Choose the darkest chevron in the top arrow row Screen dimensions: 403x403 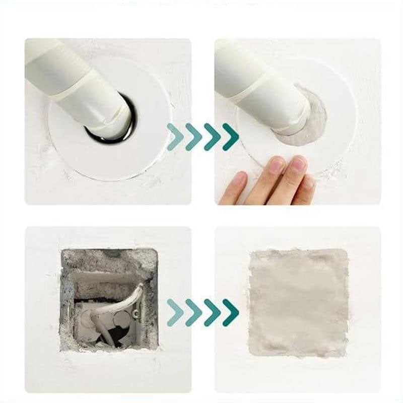231,137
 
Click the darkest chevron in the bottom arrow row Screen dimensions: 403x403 231,312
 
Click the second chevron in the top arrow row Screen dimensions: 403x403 193,137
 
